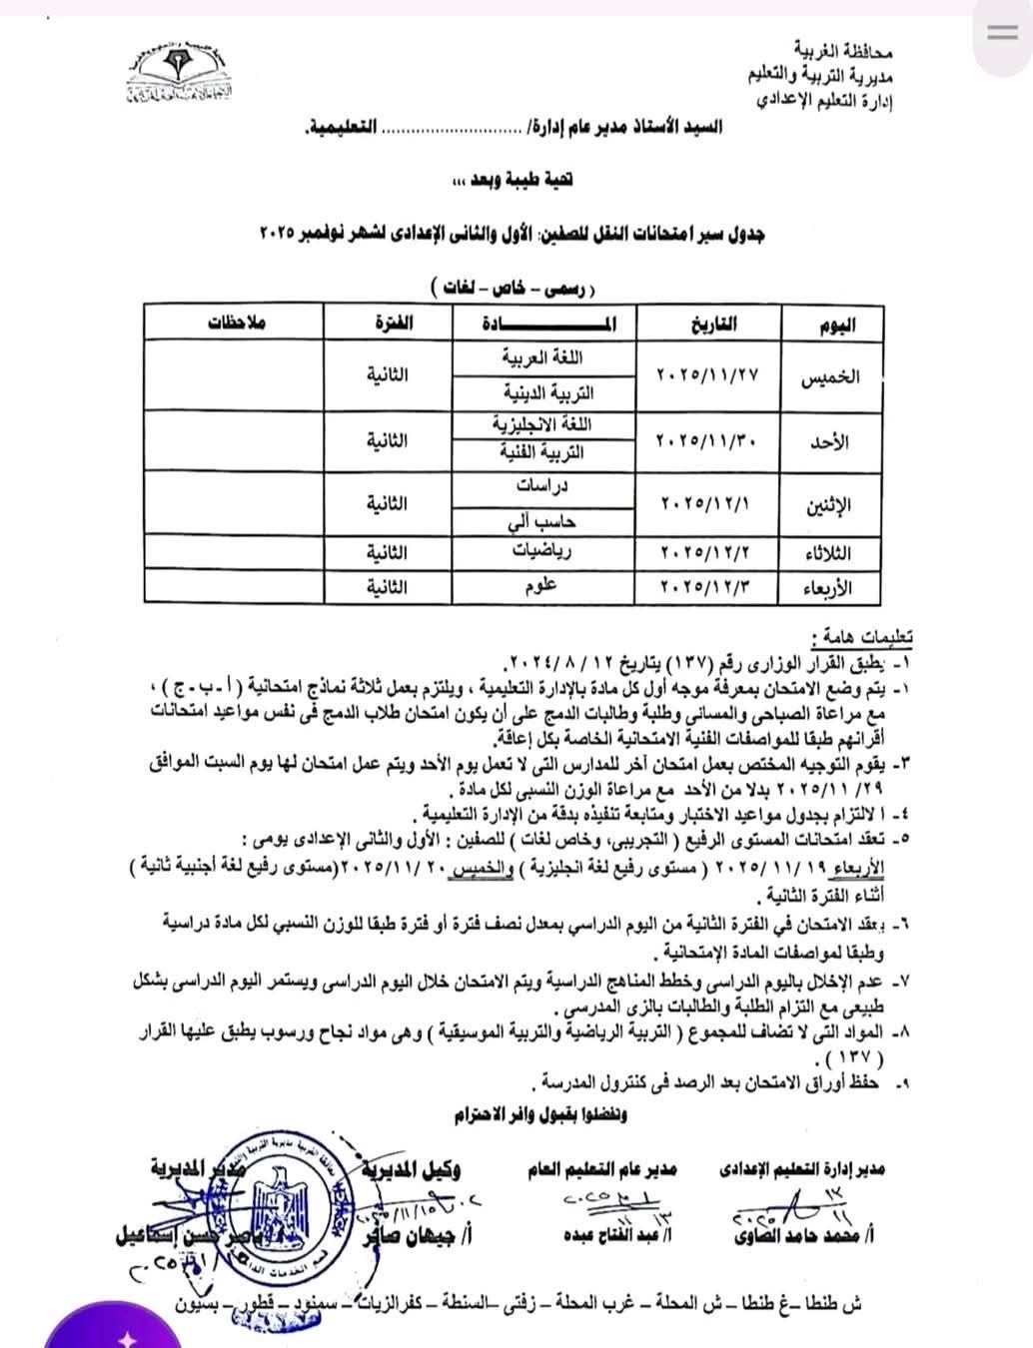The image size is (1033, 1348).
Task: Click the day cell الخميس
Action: [x=830, y=376]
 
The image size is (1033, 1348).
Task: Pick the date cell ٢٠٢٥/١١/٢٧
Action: [x=709, y=375]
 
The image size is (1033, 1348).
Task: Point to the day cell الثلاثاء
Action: [x=828, y=552]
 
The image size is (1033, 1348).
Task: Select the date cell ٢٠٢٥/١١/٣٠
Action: [x=709, y=439]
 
